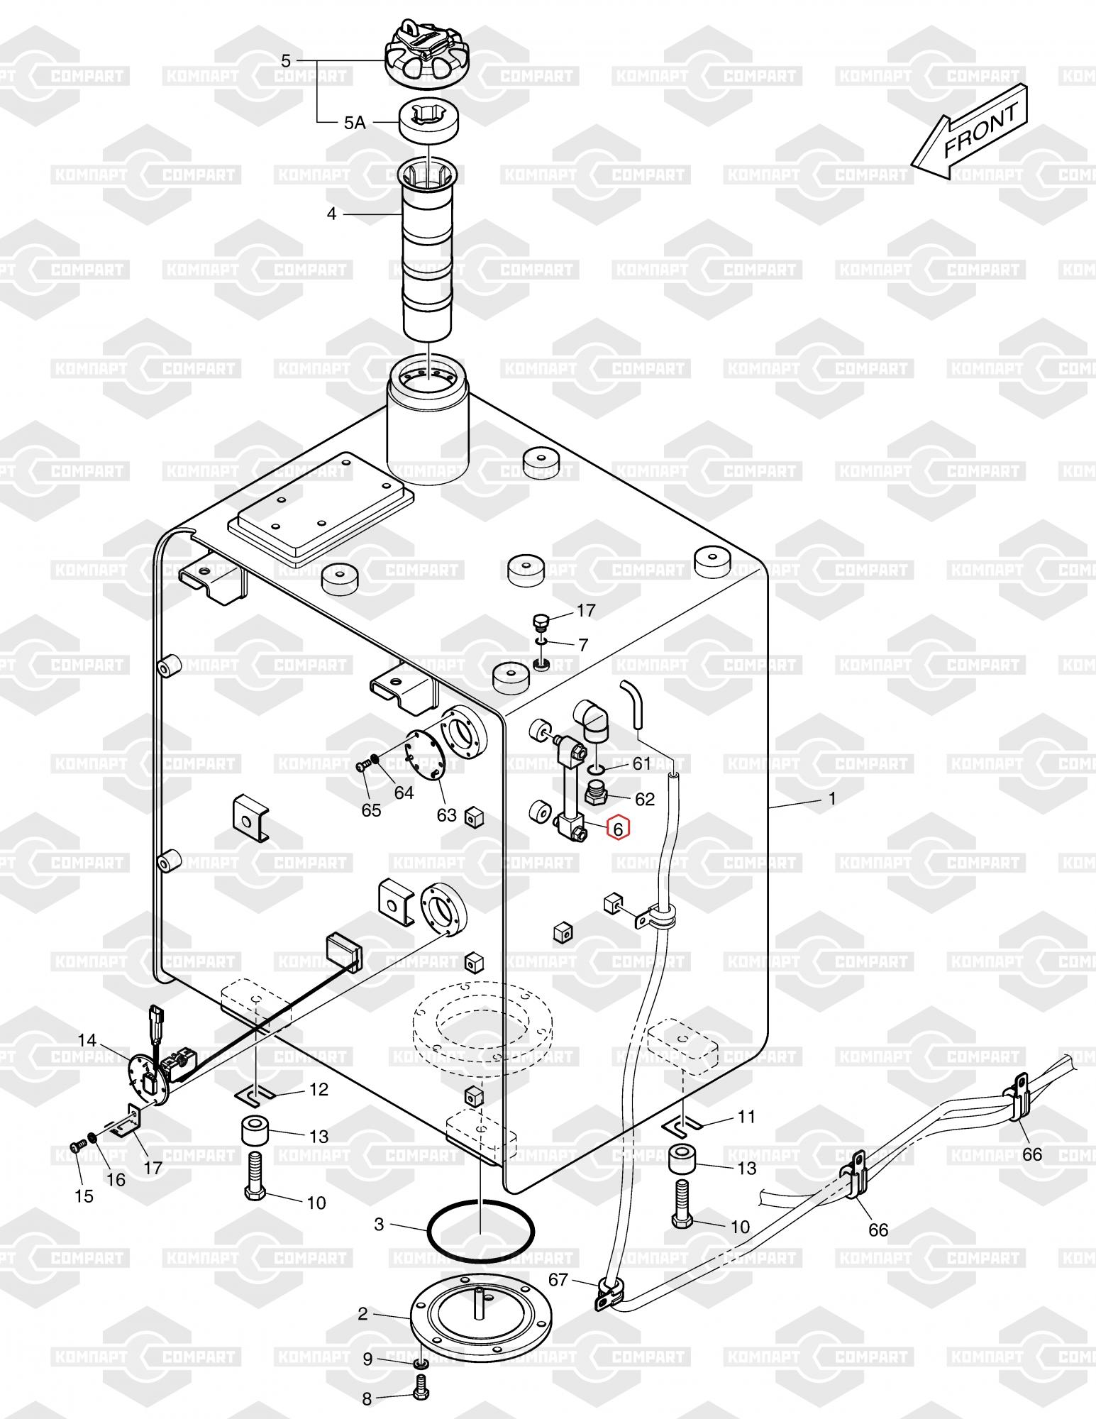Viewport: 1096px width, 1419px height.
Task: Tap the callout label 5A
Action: click(354, 123)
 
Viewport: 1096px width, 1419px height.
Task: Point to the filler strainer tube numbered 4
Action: click(428, 248)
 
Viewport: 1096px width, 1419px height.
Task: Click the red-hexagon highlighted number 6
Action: click(618, 827)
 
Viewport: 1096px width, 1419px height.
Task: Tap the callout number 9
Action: click(367, 1359)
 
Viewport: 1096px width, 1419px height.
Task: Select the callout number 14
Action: click(87, 1040)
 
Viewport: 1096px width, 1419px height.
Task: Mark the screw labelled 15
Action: click(77, 1145)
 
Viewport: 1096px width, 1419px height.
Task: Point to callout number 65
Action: click(371, 810)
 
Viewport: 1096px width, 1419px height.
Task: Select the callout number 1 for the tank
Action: click(832, 799)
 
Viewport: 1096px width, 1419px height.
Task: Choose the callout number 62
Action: click(644, 799)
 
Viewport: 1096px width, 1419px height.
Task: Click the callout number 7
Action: click(583, 645)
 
